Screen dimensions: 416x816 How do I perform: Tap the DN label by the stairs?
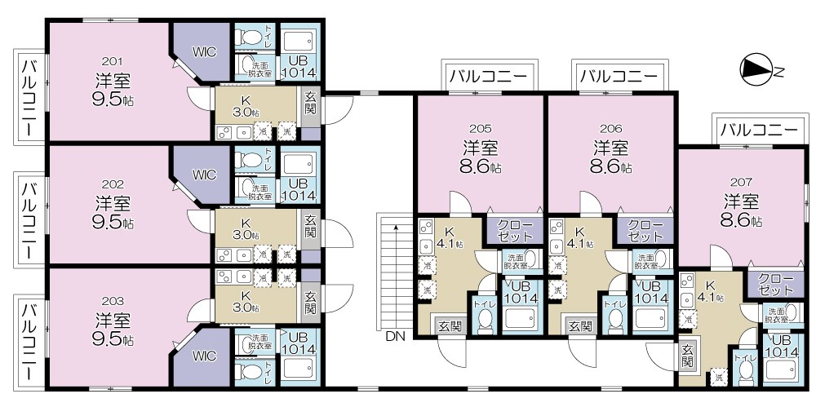396,336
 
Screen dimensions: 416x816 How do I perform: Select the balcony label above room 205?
487,77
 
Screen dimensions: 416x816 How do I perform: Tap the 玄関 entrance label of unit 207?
688,356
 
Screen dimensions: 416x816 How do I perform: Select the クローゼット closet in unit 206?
645,231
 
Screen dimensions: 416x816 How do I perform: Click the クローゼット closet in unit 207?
775,284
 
